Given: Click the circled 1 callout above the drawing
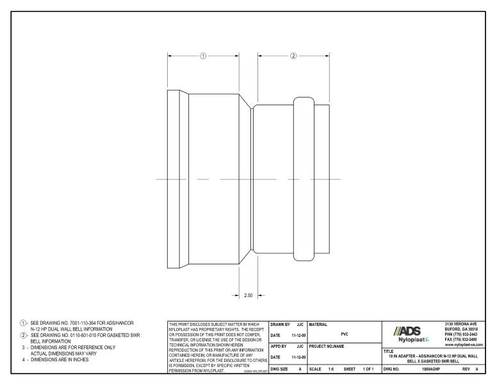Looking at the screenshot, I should (203, 56).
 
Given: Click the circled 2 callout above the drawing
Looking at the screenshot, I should (293, 56).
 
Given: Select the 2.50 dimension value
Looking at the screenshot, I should (250, 295).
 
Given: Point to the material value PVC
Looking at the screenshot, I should (345, 334).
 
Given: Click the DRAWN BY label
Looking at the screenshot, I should (281, 323).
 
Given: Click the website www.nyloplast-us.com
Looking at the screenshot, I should (462, 345).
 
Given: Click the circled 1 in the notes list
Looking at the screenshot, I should (22, 322).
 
